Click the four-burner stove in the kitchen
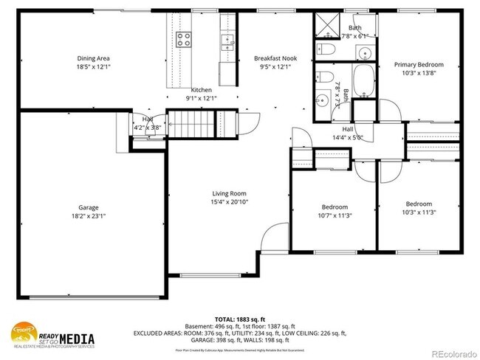[x=183, y=38]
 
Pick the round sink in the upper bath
[x=365, y=52]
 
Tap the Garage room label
[x=89, y=207]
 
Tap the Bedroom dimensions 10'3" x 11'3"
[x=418, y=212]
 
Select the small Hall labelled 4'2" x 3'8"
[x=147, y=127]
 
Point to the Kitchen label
[x=202, y=89]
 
